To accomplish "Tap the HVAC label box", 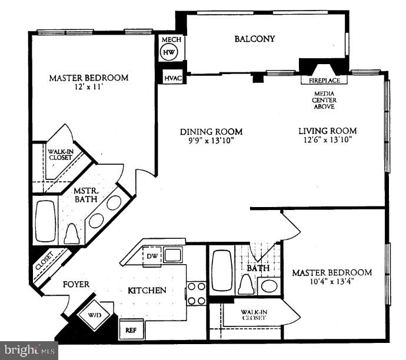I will (172, 78).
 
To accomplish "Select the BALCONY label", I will (254, 39).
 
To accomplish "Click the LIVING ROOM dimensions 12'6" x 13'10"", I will (327, 141).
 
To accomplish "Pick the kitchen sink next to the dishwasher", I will (172, 255).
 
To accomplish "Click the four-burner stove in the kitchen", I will (197, 293).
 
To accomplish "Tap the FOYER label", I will (76, 285).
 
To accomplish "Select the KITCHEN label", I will (147, 290).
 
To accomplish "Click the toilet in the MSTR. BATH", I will (71, 234).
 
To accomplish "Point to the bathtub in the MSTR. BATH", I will (45, 222).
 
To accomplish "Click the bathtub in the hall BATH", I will (222, 270).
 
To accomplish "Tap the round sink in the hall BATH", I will (268, 286).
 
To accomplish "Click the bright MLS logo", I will (29, 351).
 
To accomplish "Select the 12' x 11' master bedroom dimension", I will (88, 88).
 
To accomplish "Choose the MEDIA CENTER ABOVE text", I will (324, 99).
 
